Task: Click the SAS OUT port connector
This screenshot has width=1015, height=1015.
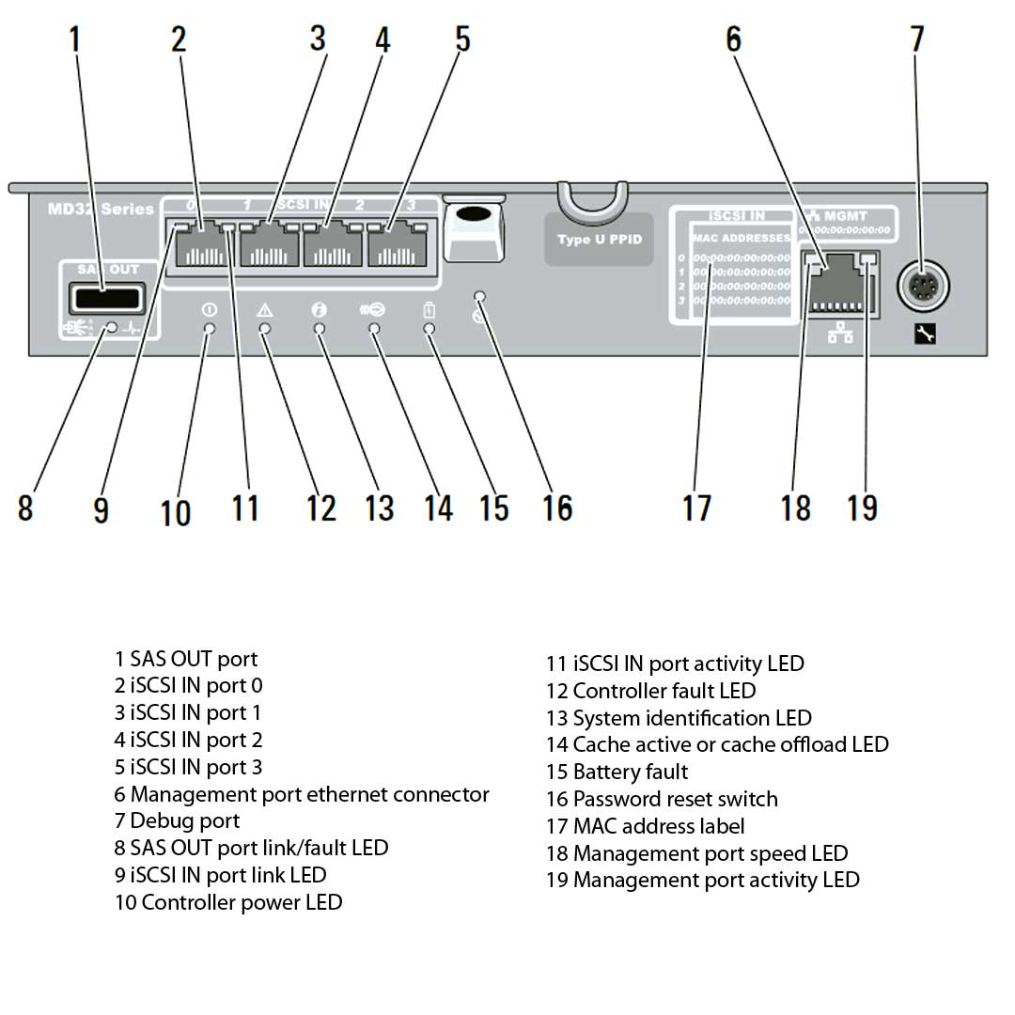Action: click(105, 300)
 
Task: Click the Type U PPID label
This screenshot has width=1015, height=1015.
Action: click(599, 240)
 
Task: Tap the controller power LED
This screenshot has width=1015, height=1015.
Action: click(210, 329)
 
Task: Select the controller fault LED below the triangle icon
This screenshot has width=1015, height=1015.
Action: click(265, 329)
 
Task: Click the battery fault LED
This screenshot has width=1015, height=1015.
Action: click(430, 329)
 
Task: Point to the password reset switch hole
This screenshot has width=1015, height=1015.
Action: click(480, 297)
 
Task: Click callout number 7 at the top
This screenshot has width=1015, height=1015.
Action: click(916, 39)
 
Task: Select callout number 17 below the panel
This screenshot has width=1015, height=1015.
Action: click(697, 507)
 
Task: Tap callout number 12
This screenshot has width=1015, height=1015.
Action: click(320, 507)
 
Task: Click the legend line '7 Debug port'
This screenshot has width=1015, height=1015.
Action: click(177, 820)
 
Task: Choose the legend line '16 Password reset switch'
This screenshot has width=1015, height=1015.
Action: click(662, 799)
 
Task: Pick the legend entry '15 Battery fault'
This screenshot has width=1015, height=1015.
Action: click(617, 772)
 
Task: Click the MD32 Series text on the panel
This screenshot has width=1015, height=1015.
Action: click(101, 209)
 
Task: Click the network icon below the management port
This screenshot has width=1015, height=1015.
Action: click(840, 334)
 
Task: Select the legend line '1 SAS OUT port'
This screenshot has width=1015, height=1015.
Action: click(185, 659)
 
